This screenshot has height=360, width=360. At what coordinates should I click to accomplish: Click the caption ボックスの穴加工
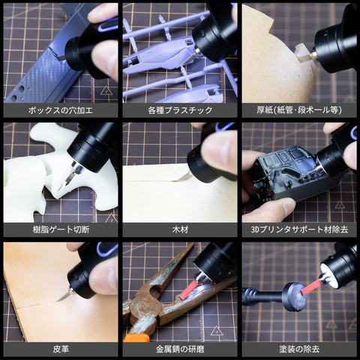[x=61, y=110]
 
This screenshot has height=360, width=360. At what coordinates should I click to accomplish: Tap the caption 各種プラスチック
[x=180, y=110]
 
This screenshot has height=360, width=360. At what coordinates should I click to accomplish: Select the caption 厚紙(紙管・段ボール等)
[x=299, y=110]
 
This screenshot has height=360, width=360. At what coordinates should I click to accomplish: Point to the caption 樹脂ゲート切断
[x=61, y=229]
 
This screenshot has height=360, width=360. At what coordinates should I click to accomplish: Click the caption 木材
[x=180, y=229]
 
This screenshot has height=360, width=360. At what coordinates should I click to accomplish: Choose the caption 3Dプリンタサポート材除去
[x=299, y=229]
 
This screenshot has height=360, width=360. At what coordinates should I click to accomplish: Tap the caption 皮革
[x=61, y=349]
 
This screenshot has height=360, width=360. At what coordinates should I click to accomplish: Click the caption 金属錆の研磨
[x=180, y=349]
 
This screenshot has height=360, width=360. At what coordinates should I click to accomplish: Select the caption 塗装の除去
[x=299, y=349]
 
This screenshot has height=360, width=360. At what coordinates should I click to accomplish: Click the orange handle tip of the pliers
[x=136, y=337]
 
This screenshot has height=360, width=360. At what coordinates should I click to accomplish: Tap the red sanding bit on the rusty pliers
[x=189, y=290]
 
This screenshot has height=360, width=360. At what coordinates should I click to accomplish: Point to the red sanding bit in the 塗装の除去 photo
[x=311, y=287]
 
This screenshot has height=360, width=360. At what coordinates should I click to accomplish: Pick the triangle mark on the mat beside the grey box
[x=106, y=91]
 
